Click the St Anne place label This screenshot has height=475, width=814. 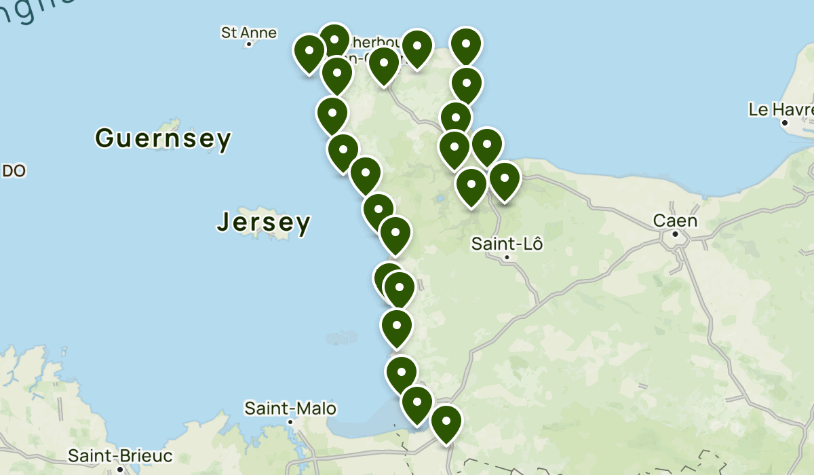[249, 32]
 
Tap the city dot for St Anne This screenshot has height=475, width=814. [249, 44]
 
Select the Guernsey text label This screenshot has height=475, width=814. [163, 139]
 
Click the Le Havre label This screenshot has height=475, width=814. [781, 109]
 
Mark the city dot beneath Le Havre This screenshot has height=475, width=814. [784, 123]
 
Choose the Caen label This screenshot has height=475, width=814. [675, 221]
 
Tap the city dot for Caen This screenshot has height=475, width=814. [676, 234]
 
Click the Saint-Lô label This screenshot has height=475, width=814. [507, 244]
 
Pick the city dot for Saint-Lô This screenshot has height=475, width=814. [507, 257]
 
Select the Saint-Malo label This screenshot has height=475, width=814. [290, 408]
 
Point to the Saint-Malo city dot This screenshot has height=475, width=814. [290, 422]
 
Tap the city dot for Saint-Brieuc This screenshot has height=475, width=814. [120, 468]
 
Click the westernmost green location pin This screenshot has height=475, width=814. [309, 52]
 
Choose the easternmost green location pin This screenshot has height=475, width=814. [504, 180]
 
